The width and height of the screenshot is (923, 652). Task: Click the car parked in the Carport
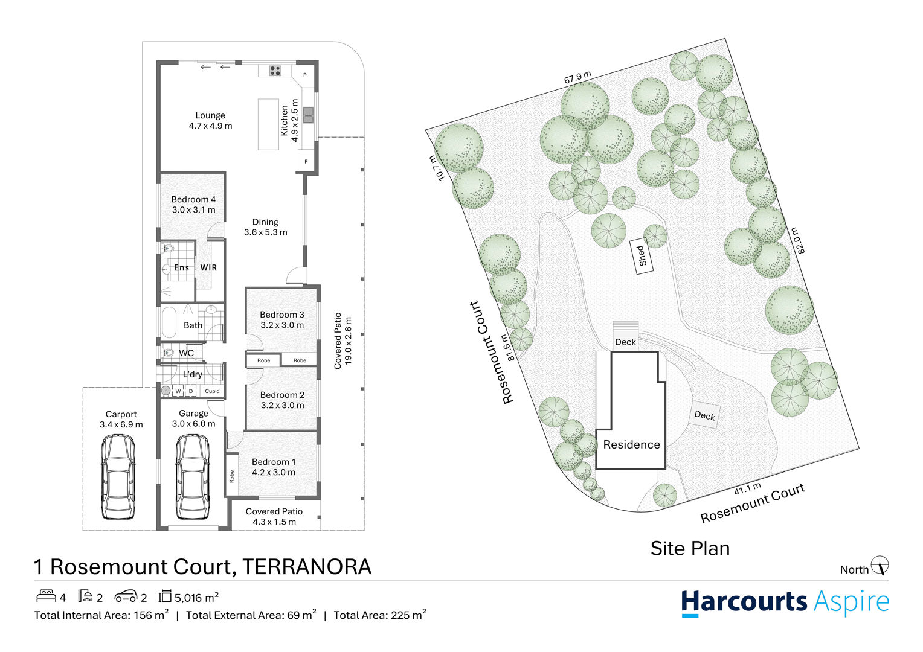118,477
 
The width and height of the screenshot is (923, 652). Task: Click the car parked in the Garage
193,477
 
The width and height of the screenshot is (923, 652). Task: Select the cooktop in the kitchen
275,71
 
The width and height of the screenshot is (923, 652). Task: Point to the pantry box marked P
305,75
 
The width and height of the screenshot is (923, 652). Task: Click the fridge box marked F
306,162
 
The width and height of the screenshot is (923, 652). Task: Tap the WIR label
208,267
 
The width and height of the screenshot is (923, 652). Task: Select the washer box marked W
178,391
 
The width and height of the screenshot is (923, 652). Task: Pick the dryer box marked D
191,391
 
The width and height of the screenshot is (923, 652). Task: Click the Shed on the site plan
642,256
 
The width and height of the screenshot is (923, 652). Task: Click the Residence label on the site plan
631,445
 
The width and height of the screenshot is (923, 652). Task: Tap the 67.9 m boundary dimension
577,78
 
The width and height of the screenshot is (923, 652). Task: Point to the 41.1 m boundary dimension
747,488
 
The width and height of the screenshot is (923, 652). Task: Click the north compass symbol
880,566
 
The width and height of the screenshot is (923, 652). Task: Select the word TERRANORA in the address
306,567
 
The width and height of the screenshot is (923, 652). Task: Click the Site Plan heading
690,548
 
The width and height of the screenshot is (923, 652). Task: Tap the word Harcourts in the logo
744,602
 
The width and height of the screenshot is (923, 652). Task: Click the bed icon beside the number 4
46,596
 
